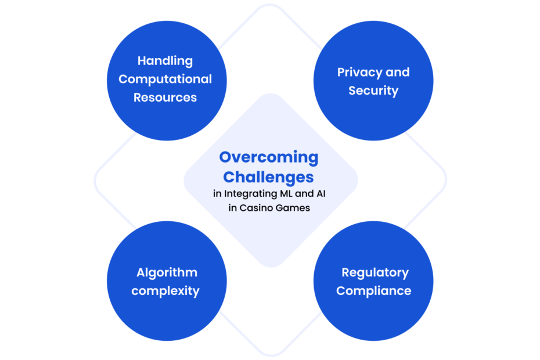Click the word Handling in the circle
tap(165, 61)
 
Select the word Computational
tap(165, 79)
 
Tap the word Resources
tap(165, 98)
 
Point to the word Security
tap(373, 91)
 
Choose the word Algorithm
tap(167, 272)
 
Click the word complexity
tap(165, 291)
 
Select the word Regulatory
tap(375, 272)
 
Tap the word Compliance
tap(374, 291)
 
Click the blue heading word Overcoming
tap(269, 157)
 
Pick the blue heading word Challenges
tap(268, 177)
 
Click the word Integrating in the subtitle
tap(250, 193)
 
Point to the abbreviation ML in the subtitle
tap(286, 193)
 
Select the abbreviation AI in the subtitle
tap(321, 193)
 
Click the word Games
tap(293, 208)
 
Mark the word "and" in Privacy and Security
tap(398, 73)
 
